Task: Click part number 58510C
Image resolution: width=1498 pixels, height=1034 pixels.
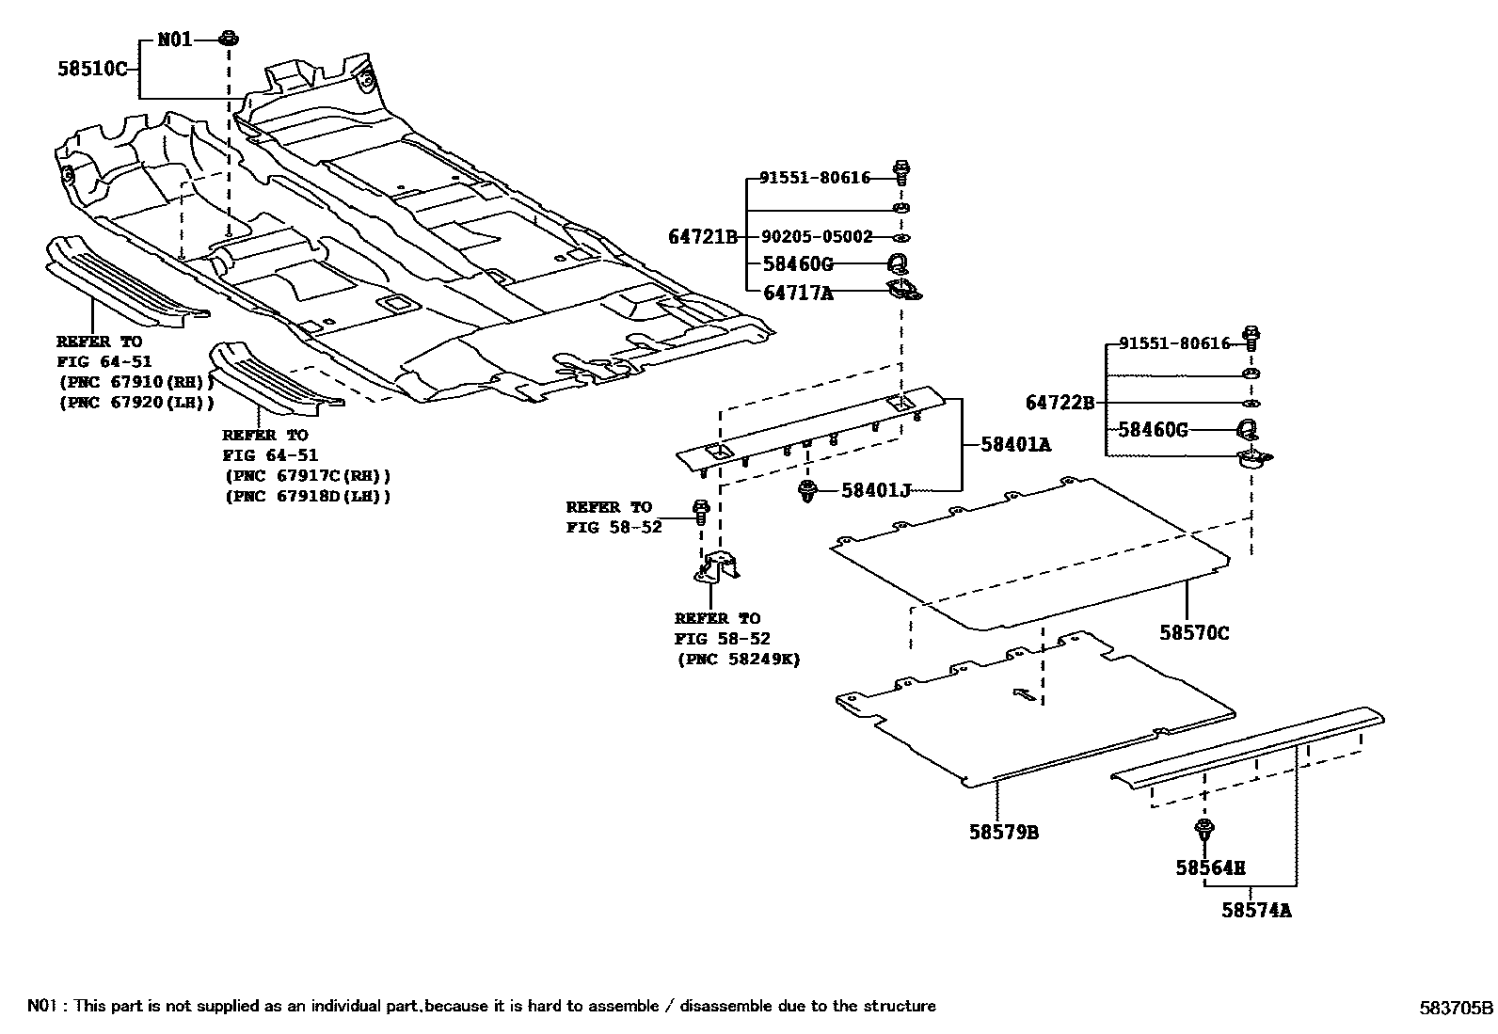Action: tap(92, 69)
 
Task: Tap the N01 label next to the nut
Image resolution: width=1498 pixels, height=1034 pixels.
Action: tap(174, 40)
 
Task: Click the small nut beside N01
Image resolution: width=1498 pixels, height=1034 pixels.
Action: tap(228, 39)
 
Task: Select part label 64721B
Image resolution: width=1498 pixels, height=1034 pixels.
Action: tap(703, 237)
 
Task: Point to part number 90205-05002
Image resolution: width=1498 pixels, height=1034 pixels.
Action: tap(816, 237)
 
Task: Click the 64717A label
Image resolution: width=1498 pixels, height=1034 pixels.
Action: tap(798, 293)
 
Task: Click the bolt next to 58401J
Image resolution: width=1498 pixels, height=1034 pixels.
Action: tap(806, 490)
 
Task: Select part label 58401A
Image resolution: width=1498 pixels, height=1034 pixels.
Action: tap(1015, 444)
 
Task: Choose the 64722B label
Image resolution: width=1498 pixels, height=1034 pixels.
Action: tap(1060, 404)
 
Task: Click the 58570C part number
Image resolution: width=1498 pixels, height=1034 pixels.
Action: tap(1193, 633)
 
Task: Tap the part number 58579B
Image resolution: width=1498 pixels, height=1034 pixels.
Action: tap(1004, 833)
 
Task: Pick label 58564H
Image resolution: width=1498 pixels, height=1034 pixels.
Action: tap(1210, 867)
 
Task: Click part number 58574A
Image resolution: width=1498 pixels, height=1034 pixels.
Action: tap(1257, 910)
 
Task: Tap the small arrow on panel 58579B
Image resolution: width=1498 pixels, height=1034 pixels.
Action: tap(1025, 695)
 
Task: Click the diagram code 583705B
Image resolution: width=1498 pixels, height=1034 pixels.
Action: tap(1455, 1008)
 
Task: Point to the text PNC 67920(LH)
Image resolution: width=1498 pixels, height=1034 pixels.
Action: tap(135, 402)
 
